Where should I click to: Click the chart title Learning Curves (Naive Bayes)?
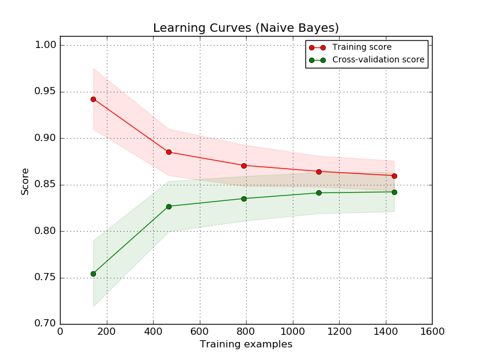(246, 28)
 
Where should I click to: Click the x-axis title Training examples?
(246, 344)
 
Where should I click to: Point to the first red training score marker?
(93, 99)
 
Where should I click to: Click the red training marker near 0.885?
(169, 152)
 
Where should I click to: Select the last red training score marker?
(394, 176)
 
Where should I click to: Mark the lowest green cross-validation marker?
(93, 274)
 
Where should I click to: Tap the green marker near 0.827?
(169, 206)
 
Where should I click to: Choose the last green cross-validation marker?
(394, 192)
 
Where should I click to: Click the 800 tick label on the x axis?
(246, 332)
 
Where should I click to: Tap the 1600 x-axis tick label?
(432, 332)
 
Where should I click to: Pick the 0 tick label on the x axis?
(60, 332)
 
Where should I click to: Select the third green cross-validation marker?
(244, 199)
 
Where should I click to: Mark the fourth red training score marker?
(319, 172)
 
